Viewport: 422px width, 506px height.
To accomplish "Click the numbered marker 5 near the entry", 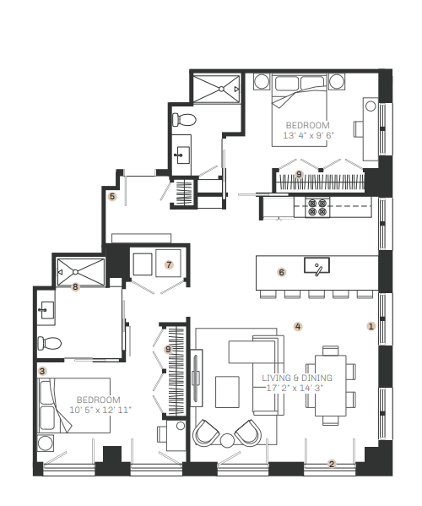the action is pos(112,196).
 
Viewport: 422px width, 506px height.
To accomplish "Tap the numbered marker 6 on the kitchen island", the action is pos(281,272).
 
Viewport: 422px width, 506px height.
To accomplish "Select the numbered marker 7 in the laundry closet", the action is pos(169,264).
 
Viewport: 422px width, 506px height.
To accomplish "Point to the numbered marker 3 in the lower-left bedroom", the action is pos(42,371).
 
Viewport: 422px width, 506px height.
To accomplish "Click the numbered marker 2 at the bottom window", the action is pos(332,464).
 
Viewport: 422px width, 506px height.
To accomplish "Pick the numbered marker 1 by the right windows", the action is pos(371,326).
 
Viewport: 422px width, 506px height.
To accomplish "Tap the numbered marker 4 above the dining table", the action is pos(298,326).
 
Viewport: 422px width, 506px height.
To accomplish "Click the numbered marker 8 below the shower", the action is pos(75,286).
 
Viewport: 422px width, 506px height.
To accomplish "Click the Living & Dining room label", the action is pos(297,378).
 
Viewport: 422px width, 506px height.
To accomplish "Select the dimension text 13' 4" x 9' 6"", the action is pos(309,135).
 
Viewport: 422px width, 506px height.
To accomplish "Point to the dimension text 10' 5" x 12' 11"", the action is pos(100,410).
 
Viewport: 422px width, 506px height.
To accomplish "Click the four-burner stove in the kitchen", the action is pos(317,207).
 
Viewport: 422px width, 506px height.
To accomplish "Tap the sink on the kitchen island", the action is pos(316,265).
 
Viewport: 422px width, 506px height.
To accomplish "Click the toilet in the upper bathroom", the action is pos(184,120).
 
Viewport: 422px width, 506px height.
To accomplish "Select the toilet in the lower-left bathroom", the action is pos(49,343).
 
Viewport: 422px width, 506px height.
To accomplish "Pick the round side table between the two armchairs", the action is pos(227,440).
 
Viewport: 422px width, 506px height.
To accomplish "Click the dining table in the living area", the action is pos(331,385).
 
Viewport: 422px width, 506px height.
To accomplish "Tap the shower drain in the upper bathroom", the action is pos(221,89).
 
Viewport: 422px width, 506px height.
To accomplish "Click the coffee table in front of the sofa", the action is pos(227,392).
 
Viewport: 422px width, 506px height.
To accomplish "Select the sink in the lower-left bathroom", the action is pos(47,310).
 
